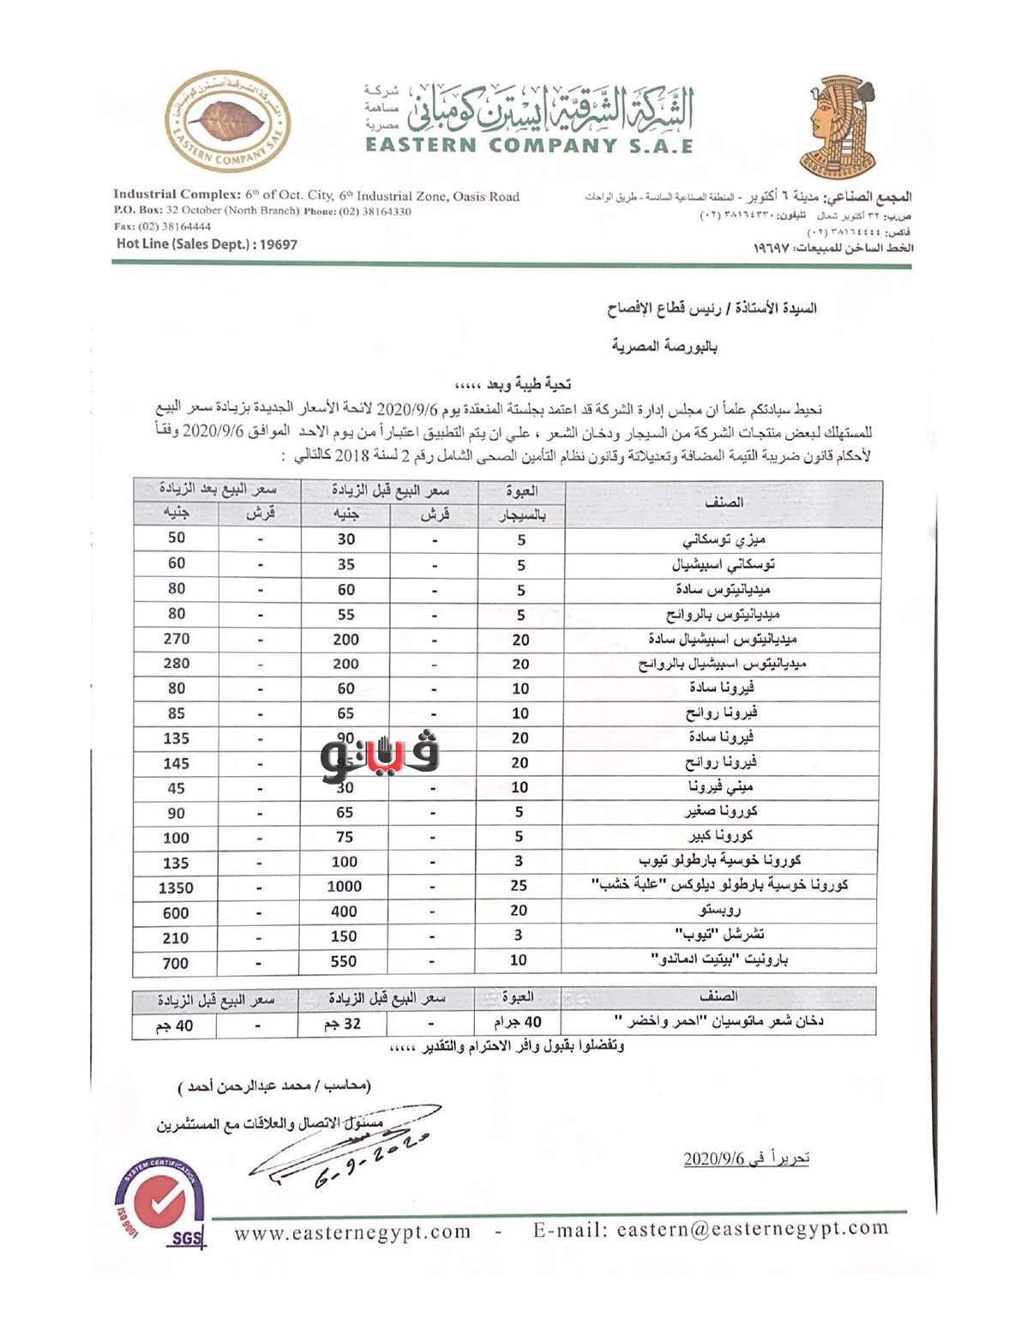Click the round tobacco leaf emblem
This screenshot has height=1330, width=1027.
point(227,123)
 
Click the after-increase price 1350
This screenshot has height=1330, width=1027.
point(176,888)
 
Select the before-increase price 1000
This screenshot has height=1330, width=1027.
point(344,887)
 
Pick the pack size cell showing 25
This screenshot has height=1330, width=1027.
point(519,886)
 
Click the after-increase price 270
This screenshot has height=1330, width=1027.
point(176,639)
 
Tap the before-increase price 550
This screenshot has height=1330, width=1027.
point(344,962)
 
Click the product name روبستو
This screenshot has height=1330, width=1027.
point(720,911)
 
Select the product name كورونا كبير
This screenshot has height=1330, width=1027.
point(721,836)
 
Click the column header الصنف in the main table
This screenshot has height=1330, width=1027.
point(724,503)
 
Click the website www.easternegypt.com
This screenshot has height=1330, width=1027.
point(352,1232)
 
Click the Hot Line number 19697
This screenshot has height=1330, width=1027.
point(276,244)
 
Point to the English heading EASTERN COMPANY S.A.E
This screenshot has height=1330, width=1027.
point(529,145)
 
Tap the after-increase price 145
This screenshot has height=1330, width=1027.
point(176,763)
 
